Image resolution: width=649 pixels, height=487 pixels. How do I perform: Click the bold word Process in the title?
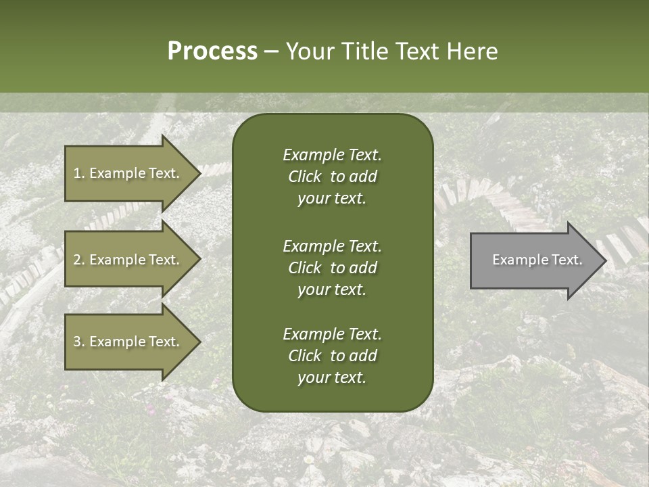[212, 51]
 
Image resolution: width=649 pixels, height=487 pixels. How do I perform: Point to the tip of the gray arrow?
[605, 260]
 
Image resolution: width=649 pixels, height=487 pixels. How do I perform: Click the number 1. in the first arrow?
[79, 173]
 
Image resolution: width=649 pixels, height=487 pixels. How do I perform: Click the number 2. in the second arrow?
[79, 260]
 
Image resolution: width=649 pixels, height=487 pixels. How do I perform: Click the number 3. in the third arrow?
[79, 342]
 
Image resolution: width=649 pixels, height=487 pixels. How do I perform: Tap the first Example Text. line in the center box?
[332, 155]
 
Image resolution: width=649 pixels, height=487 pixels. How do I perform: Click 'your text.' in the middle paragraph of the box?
[332, 289]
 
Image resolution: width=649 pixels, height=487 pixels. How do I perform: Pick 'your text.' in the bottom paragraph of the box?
[332, 378]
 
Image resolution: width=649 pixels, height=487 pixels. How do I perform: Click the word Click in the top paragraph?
[304, 177]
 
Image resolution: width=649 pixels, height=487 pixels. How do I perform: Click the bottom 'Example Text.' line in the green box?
[332, 334]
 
